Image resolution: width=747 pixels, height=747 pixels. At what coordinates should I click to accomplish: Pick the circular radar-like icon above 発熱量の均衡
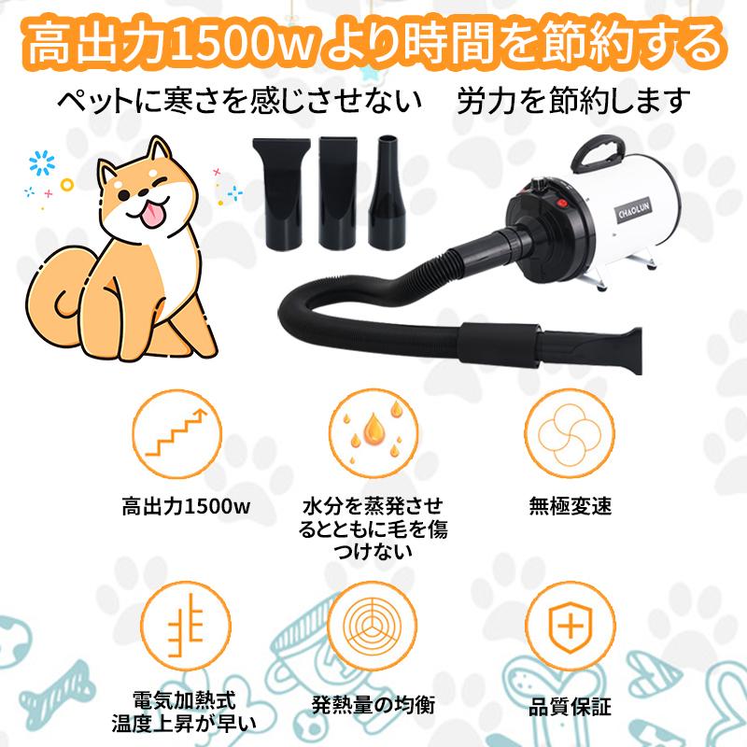click(373, 623)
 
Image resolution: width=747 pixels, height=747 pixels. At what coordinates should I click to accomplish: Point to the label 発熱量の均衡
click(373, 702)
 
